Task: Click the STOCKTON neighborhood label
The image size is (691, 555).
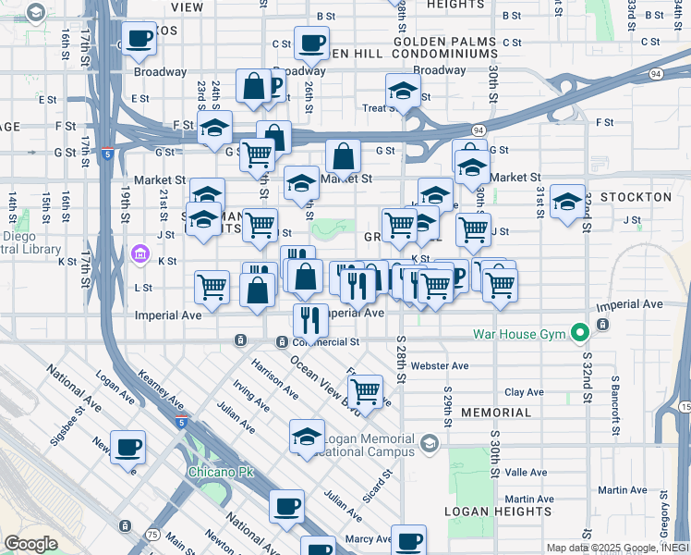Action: pyautogui.click(x=636, y=197)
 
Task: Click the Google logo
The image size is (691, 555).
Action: pyautogui.click(x=30, y=544)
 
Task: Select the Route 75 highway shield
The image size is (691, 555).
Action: pyautogui.click(x=152, y=535)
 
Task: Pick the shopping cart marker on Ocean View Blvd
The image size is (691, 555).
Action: pyautogui.click(x=366, y=391)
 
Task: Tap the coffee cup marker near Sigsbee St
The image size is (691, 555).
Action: pyautogui.click(x=127, y=448)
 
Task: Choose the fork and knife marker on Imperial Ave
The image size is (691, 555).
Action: pyautogui.click(x=310, y=319)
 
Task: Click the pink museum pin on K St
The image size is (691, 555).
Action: pyautogui.click(x=139, y=253)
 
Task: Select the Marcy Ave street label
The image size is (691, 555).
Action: pyautogui.click(x=362, y=539)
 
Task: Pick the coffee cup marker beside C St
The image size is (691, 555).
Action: pyautogui.click(x=311, y=42)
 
